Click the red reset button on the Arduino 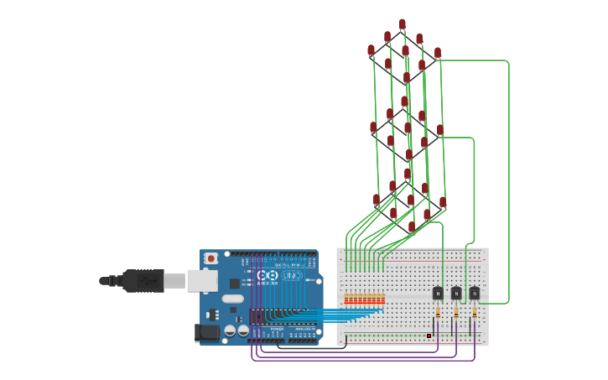(211, 258)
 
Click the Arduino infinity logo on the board (268, 275)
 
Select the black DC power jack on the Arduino (207, 333)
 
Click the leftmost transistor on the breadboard (438, 293)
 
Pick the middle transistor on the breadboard (456, 293)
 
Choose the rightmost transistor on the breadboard (474, 293)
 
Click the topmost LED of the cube (403, 24)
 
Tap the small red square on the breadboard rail (429, 336)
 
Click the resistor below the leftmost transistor (438, 314)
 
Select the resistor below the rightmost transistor (474, 314)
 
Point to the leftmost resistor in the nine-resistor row (347, 299)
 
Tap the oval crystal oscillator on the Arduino (232, 299)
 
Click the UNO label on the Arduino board (292, 275)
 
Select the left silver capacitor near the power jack (229, 331)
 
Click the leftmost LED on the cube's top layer (372, 50)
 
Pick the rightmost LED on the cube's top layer (437, 53)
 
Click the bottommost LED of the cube (412, 227)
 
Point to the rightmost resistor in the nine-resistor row (383, 299)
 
